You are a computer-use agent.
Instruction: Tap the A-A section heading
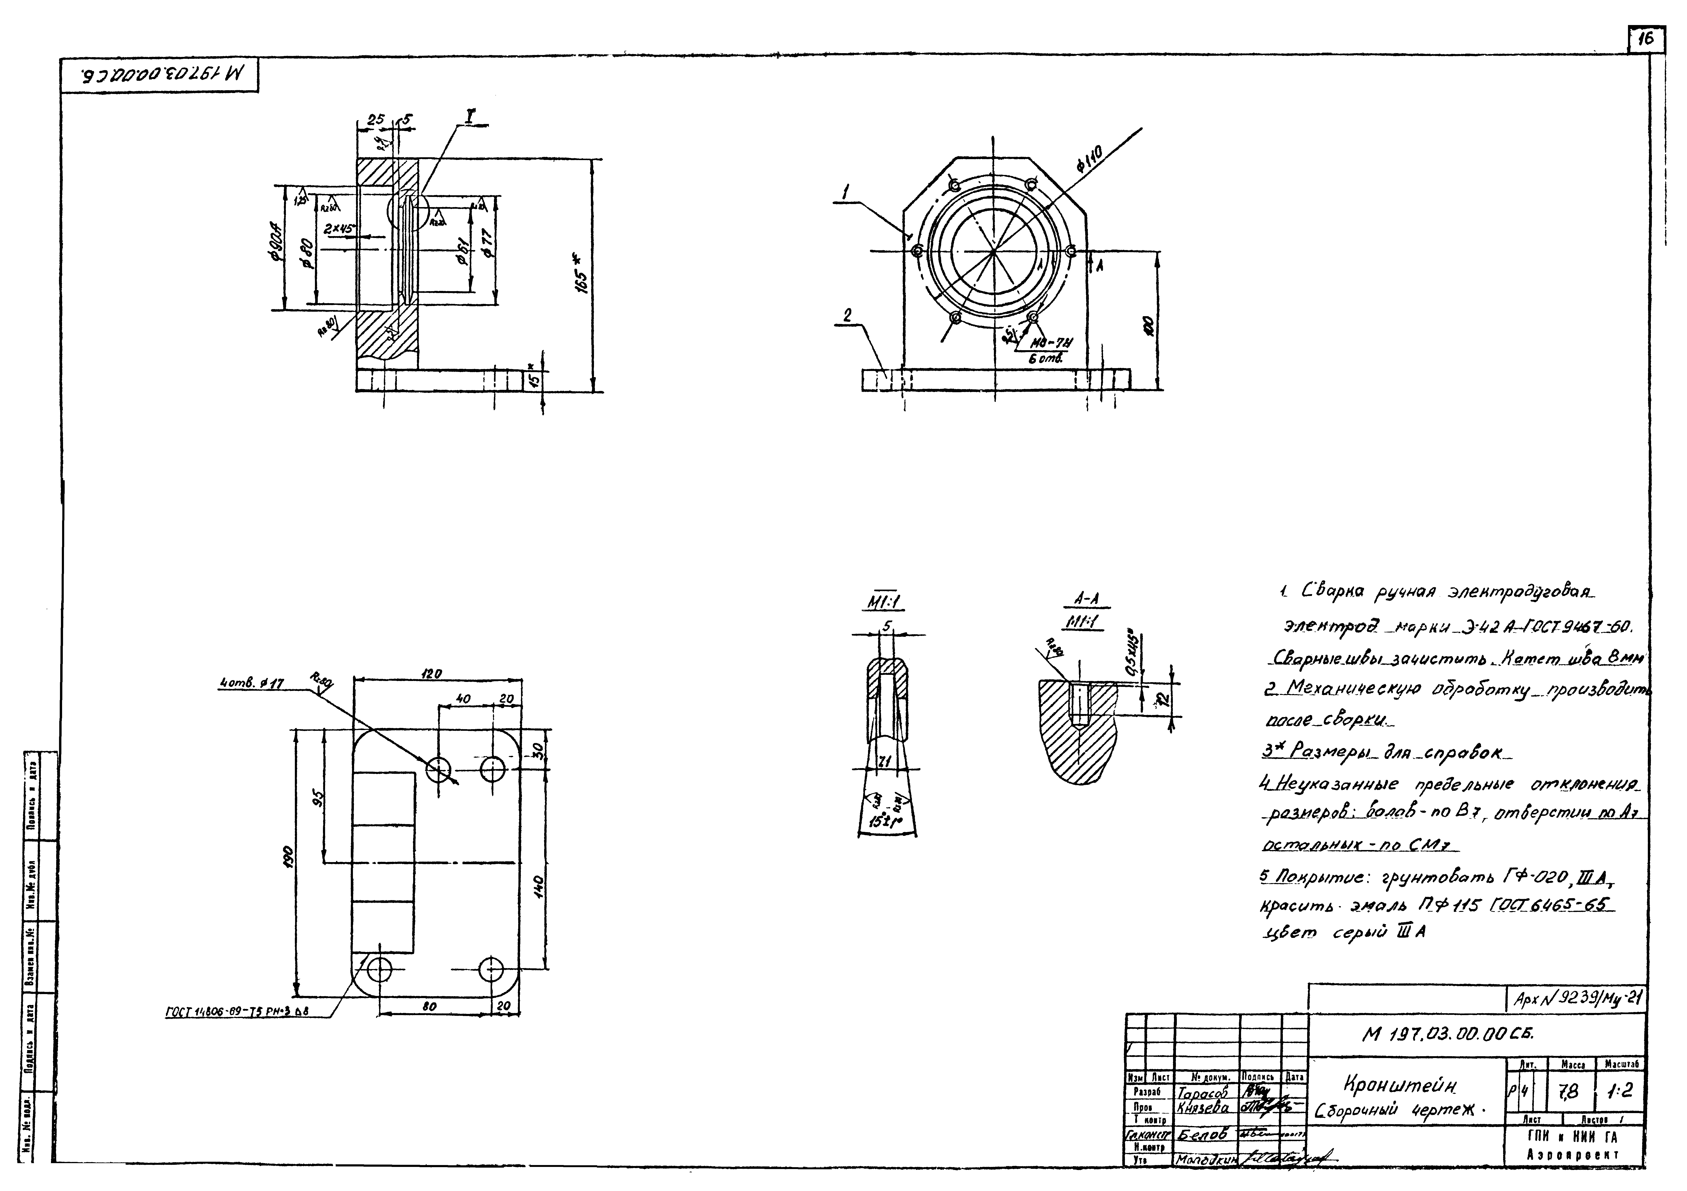pyautogui.click(x=1086, y=600)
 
